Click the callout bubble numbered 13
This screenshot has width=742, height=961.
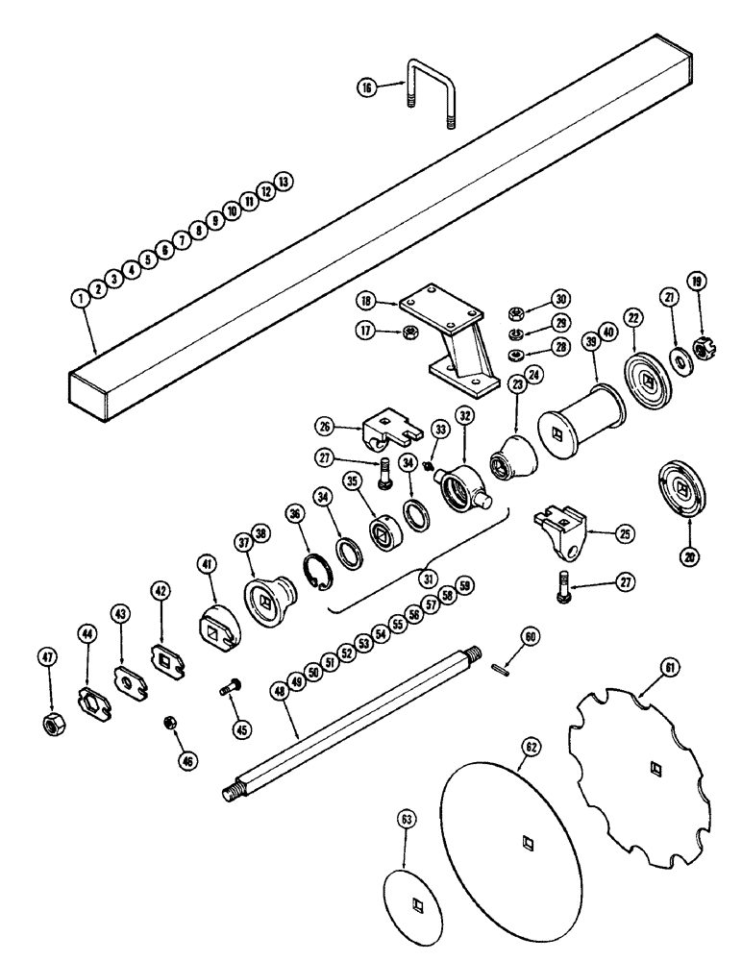coord(282,181)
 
